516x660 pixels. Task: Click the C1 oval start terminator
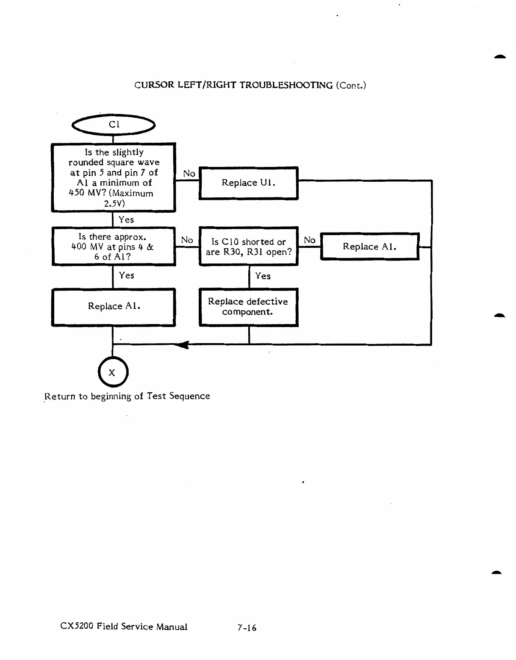[114, 125]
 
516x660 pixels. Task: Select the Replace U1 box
[248, 183]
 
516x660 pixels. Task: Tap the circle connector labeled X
[113, 372]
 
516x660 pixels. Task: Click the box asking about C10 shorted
[248, 247]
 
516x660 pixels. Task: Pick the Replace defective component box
[248, 307]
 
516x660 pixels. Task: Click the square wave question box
[114, 177]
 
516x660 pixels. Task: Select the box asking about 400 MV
[114, 247]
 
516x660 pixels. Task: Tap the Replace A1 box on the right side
[369, 247]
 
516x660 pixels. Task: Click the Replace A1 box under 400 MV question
[114, 307]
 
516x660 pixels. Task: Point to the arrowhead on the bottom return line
[183, 345]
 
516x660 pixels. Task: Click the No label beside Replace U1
[189, 173]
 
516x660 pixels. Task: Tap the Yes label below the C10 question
[263, 276]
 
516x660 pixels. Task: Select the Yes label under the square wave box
[126, 219]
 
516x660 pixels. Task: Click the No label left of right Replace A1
[310, 240]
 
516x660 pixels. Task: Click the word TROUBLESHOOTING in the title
[286, 85]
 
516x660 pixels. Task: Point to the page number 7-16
[247, 628]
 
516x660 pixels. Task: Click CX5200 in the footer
[76, 626]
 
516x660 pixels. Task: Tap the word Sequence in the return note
[189, 396]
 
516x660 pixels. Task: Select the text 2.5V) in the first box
[114, 203]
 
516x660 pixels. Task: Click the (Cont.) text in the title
[351, 85]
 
